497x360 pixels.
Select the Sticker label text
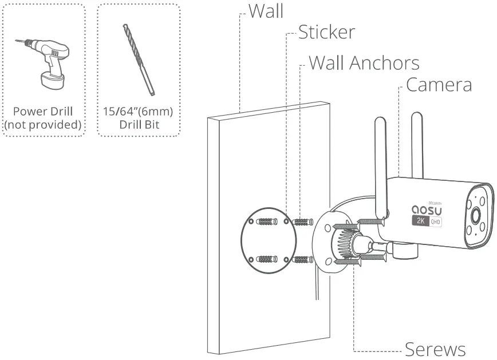(326, 33)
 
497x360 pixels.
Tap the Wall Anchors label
(364, 62)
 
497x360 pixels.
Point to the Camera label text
(439, 85)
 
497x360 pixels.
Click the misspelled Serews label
(435, 348)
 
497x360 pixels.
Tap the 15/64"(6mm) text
(139, 110)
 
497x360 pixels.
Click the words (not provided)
(43, 124)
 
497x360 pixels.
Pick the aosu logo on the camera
(428, 210)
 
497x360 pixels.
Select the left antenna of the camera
(380, 160)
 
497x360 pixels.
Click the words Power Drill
(43, 111)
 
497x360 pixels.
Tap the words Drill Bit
(139, 124)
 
